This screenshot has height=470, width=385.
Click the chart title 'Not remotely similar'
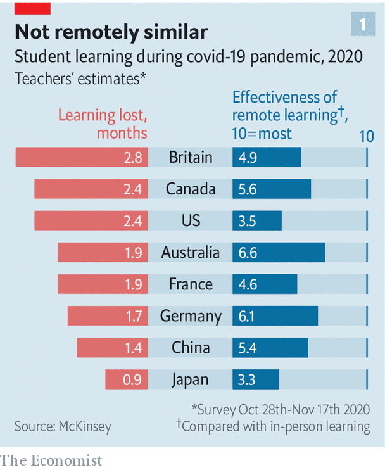pos(111,32)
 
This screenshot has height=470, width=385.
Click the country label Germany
pos(191,316)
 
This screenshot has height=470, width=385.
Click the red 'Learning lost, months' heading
pos(103,124)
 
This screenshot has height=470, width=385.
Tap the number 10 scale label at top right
pos(367,136)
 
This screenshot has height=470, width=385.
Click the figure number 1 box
pos(363,25)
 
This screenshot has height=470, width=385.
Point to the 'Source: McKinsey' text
pos(63,426)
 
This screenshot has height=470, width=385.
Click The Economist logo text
pos(51,459)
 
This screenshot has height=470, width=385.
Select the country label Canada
pos(191,189)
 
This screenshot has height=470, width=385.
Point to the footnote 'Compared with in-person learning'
pos(274,426)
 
